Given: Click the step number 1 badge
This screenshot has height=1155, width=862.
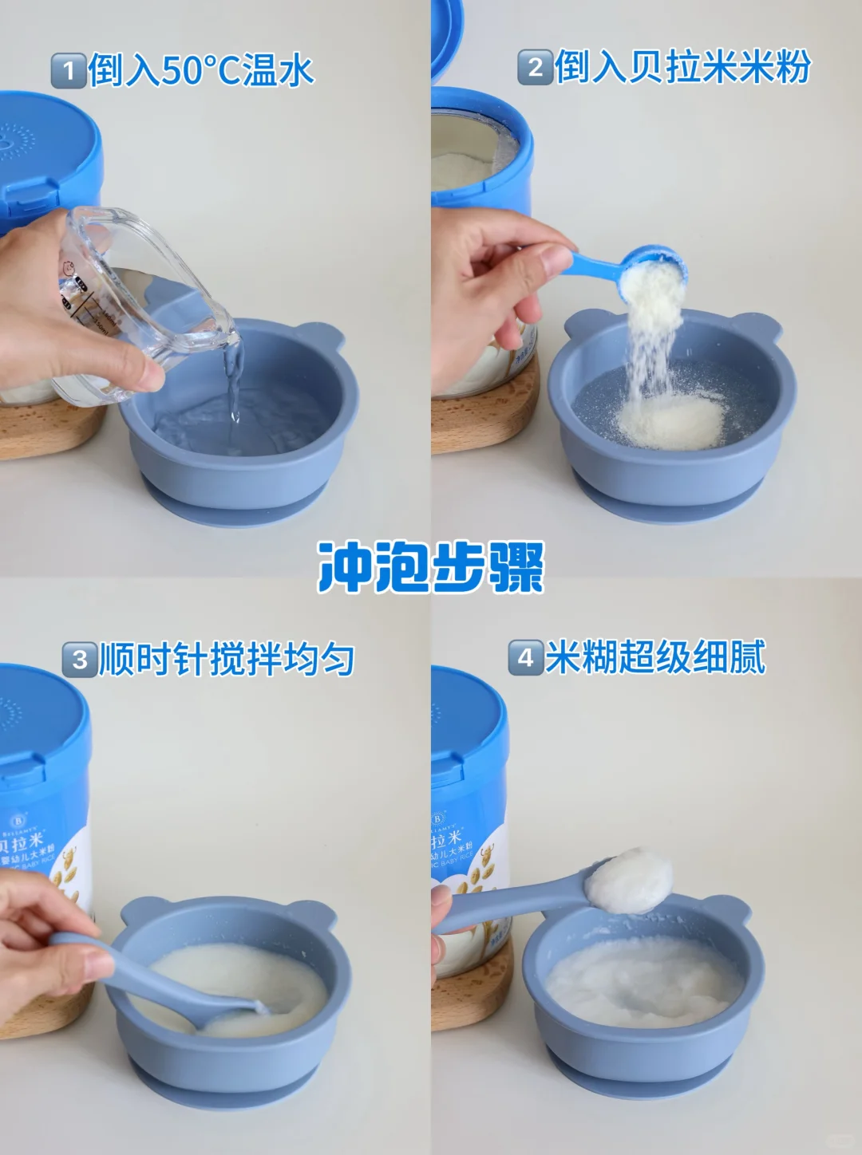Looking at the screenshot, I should point(69,71).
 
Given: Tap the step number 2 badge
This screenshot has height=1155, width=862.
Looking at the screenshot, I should point(535,67).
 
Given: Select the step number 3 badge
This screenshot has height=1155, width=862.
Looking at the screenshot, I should point(80,660).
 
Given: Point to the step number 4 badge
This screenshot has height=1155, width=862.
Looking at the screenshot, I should point(525,658).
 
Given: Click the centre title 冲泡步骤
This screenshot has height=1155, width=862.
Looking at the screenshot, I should point(431,567).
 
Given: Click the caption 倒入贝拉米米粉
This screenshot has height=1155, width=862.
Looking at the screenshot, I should point(682,67).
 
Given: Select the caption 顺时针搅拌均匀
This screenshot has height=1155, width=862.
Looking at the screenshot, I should point(227,660).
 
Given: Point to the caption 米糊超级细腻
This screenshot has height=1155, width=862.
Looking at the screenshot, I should point(655,658).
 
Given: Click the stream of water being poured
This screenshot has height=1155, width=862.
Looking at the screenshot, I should point(233,383).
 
